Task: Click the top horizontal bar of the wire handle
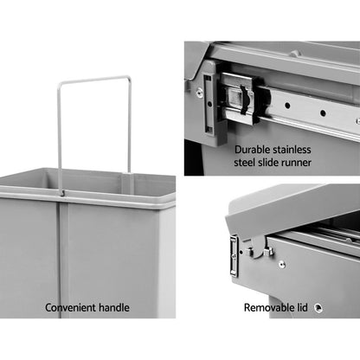[95, 80]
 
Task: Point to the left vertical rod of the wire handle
[61, 130]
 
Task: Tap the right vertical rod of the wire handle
[131, 125]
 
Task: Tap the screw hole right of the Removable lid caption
[318, 306]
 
